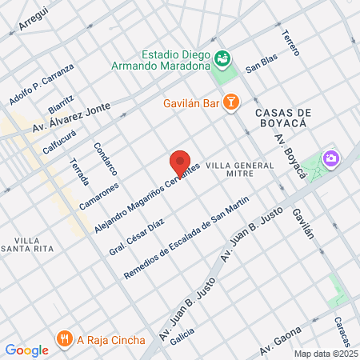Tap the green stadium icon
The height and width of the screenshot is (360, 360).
(222, 58)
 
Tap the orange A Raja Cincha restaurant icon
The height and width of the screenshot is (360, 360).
(64, 338)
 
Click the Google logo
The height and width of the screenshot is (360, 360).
(26, 350)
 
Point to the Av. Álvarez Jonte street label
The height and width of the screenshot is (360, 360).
(72, 117)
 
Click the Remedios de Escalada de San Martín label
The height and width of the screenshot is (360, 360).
(187, 238)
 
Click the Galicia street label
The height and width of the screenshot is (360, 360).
(182, 339)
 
